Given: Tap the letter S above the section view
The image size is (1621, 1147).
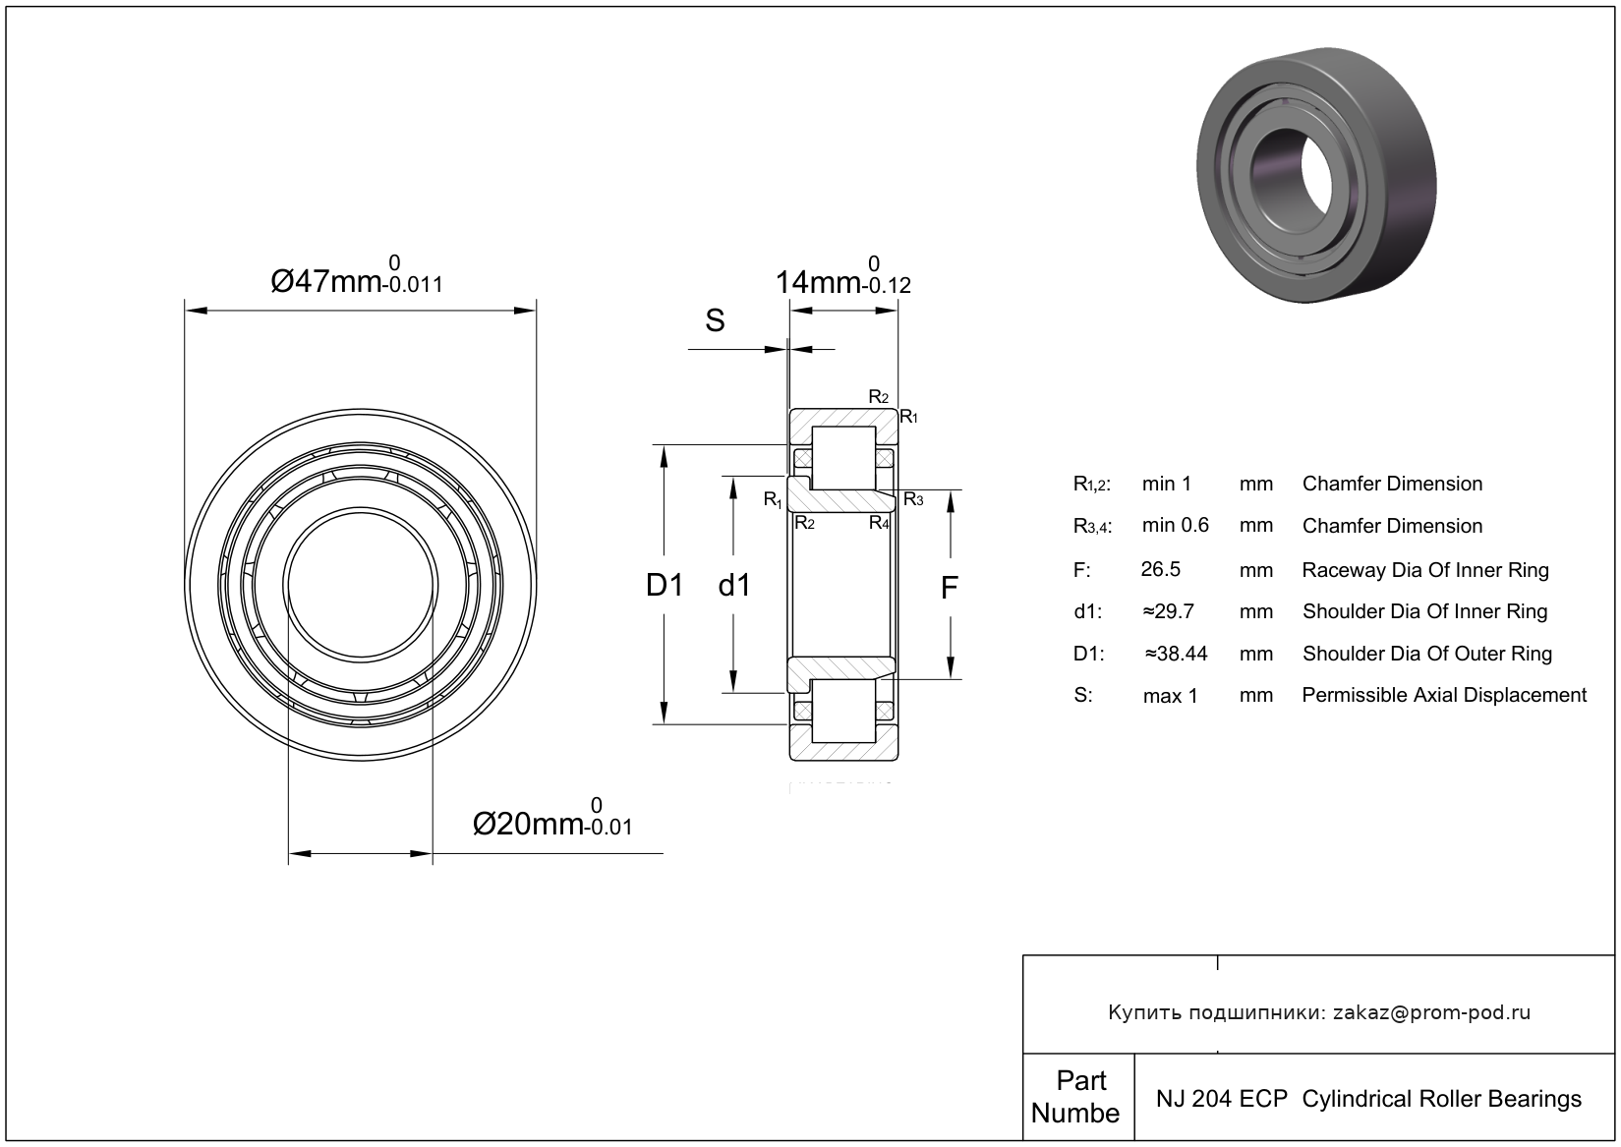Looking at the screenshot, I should pos(715,320).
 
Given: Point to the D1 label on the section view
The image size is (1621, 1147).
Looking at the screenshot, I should pos(665,586).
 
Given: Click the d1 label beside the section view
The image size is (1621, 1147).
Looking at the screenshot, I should pos(734,586).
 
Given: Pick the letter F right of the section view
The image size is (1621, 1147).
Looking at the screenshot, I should pos(949,588).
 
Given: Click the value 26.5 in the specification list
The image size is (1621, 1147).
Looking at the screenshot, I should pos(1161,569).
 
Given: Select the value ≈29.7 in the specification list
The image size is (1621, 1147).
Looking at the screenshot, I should pos(1168,611).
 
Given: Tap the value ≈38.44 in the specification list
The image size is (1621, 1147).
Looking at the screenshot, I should pos(1176,654).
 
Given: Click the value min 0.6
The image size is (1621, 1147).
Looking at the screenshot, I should pos(1175,526).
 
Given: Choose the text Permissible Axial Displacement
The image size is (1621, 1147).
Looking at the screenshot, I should pos(1443,695).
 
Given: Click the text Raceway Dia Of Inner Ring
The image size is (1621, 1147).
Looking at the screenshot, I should pos(1424,570).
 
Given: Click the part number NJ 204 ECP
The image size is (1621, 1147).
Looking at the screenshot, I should pos(1221,1099).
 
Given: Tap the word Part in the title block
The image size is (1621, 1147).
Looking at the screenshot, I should pos(1080,1081).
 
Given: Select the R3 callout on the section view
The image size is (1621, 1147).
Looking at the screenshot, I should pos(913,499).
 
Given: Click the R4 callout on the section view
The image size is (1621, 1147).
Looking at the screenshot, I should pos(879,523).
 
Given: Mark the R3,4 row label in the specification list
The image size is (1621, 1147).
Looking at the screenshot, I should pos(1092,527).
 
